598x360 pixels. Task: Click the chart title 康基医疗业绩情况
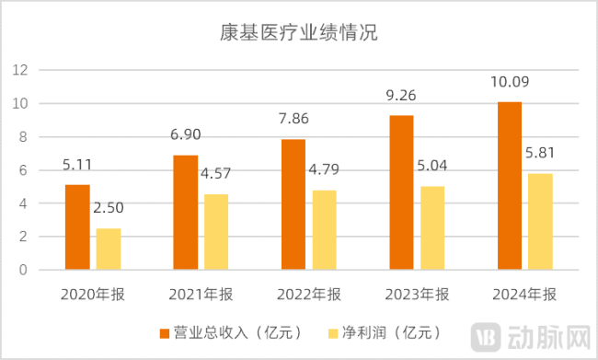point(299,33)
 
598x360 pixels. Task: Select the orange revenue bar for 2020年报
point(77,227)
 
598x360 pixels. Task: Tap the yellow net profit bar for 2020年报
point(109,249)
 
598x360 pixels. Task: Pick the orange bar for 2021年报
point(185,213)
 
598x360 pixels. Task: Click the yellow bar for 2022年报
point(324,230)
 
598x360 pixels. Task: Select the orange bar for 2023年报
point(400,192)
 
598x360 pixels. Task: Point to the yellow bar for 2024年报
point(540,221)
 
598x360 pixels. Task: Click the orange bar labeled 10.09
point(509,186)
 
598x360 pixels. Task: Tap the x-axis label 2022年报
point(308,295)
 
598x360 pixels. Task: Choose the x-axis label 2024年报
point(523,295)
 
